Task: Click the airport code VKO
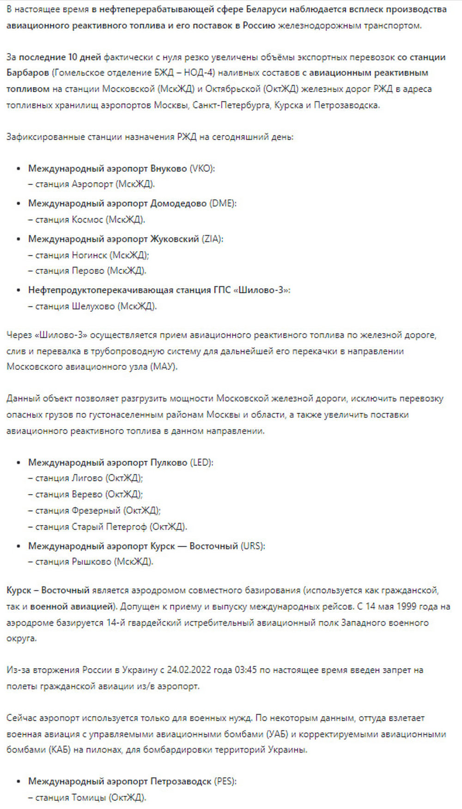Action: (202, 168)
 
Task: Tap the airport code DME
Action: (223, 203)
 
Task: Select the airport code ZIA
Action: (212, 239)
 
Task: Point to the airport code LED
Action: (202, 462)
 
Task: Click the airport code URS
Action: (252, 546)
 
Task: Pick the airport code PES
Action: (225, 781)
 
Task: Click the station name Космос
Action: (87, 219)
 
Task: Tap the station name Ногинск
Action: (90, 255)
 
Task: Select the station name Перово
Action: (88, 271)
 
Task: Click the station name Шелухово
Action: (94, 306)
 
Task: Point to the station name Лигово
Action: (87, 478)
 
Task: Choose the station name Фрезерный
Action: (96, 510)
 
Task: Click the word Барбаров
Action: (28, 72)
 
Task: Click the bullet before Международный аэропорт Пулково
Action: (18, 462)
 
